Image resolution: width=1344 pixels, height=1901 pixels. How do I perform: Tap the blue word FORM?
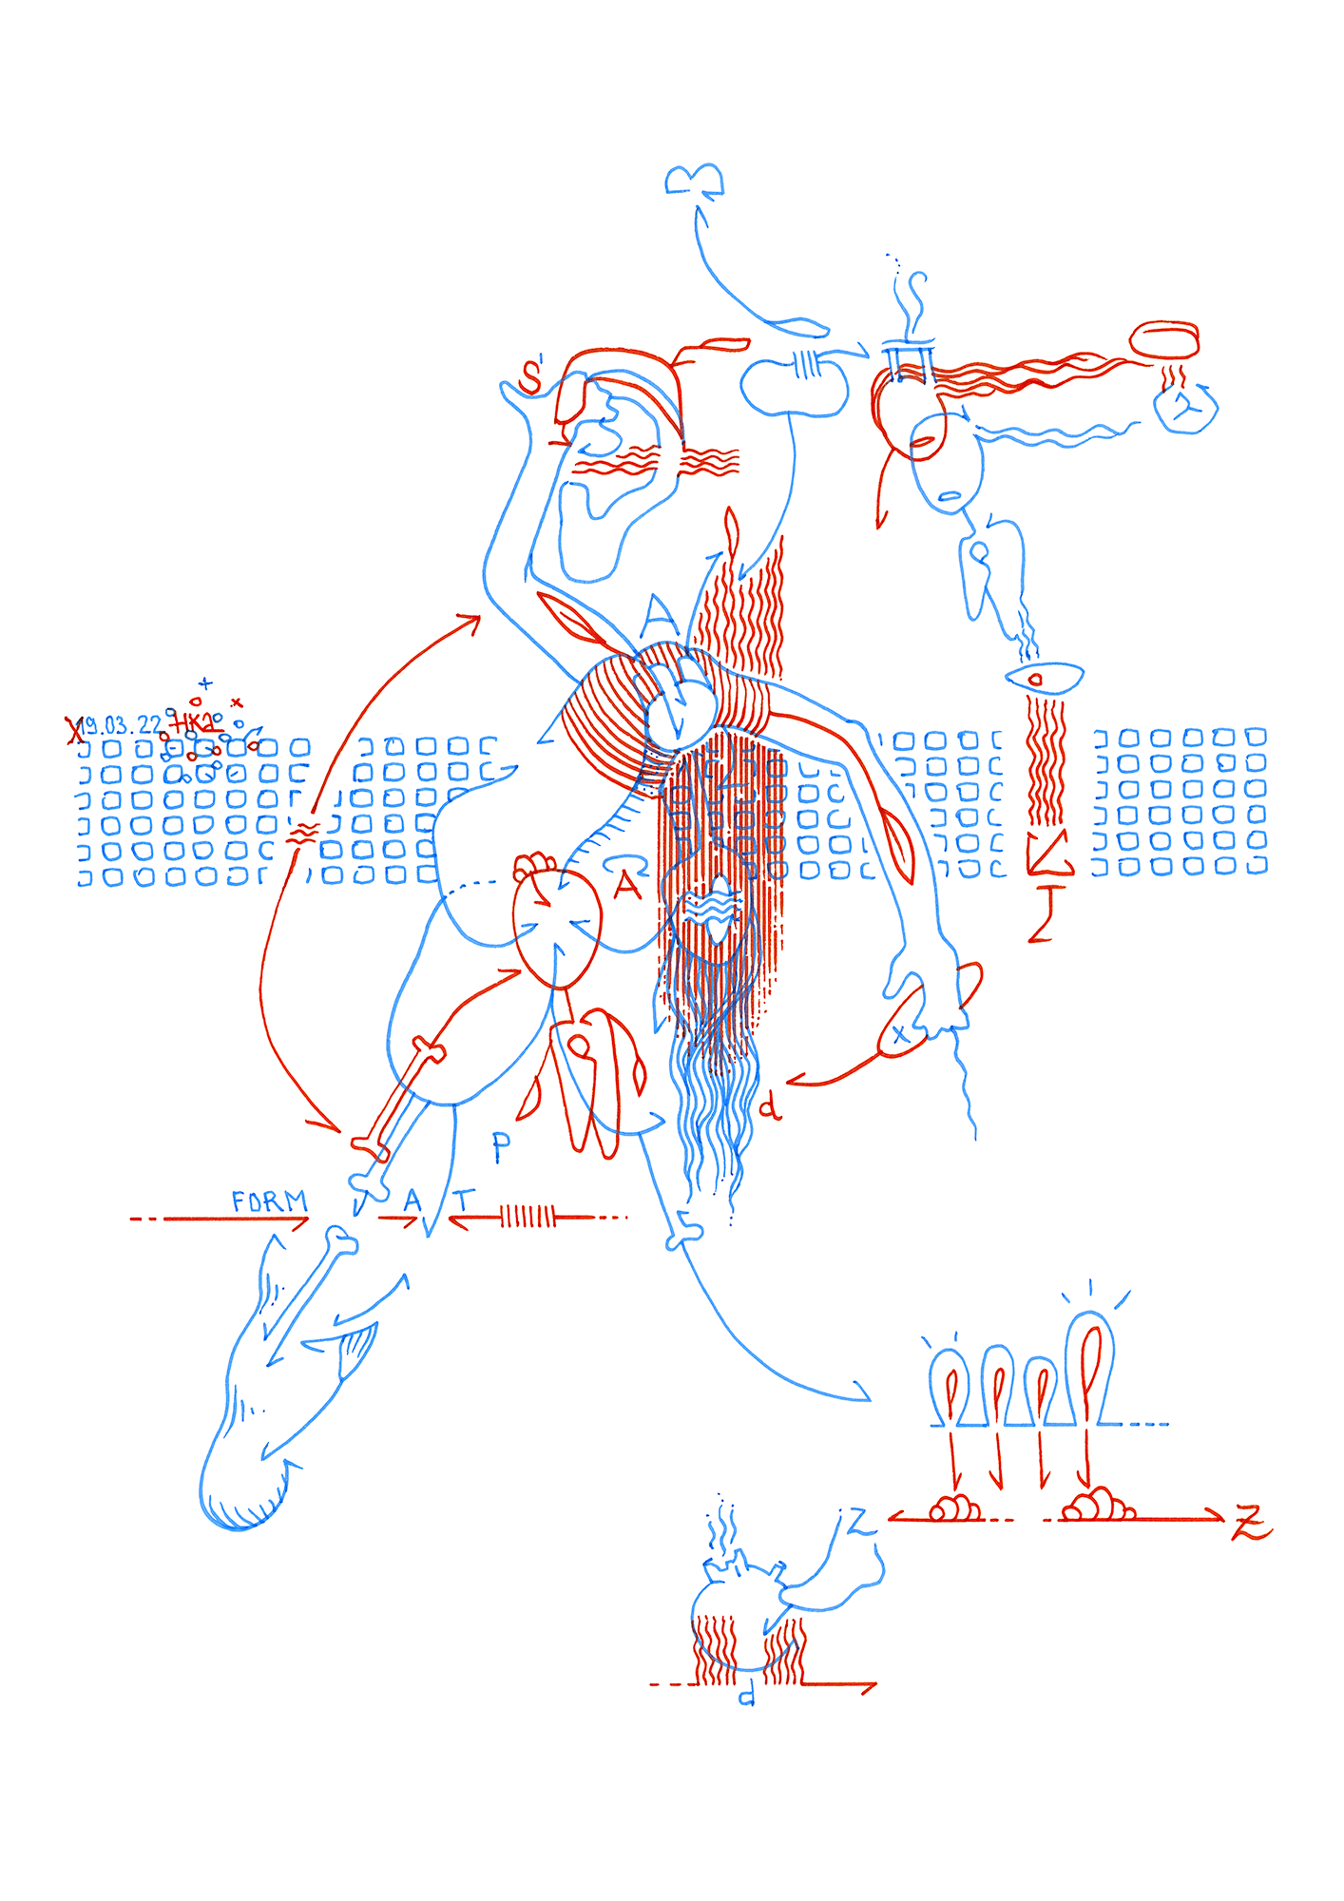(x=270, y=1201)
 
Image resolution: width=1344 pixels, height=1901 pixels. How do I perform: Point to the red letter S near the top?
(x=530, y=377)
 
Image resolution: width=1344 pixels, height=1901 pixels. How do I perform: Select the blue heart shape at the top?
(x=695, y=180)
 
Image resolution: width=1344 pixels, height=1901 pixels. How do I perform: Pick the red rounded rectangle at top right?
(x=1164, y=339)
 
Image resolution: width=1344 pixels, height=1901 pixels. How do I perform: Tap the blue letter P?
(x=502, y=1147)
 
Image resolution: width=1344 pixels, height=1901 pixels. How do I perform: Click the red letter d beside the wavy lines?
(x=770, y=1106)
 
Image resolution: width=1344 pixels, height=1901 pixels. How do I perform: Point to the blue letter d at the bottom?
(x=747, y=1695)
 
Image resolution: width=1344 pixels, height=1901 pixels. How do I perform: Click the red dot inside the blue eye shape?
(x=1036, y=679)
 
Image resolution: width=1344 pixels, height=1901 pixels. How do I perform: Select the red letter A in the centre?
(x=627, y=886)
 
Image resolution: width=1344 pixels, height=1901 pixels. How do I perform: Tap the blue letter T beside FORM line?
(x=463, y=1201)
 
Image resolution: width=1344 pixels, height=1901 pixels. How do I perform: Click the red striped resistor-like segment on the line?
(x=528, y=1216)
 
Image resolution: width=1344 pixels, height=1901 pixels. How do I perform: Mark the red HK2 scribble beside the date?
(x=195, y=723)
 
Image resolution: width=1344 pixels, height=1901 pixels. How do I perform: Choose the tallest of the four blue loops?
(x=1090, y=1369)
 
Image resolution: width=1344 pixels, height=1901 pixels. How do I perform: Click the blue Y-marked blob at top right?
(x=1185, y=408)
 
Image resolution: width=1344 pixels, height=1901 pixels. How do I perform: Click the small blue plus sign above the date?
(x=205, y=683)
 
